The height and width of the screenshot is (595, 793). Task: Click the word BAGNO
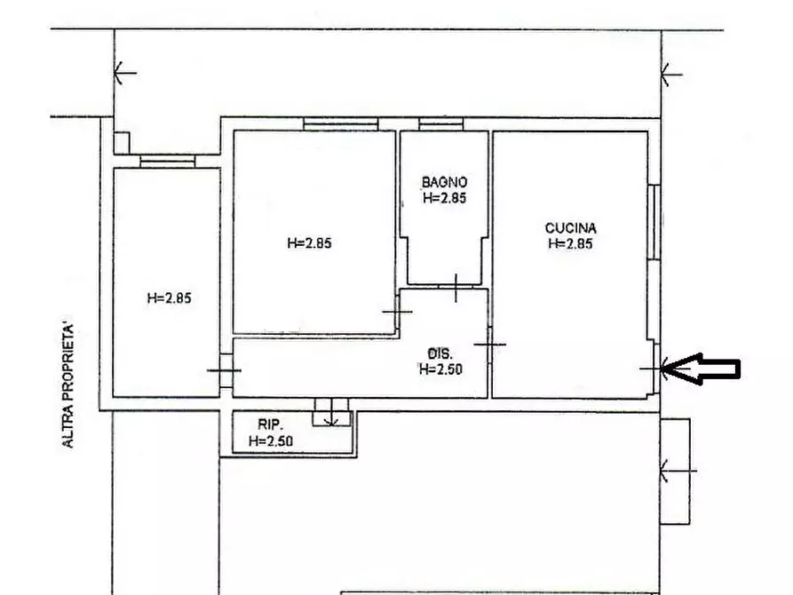coord(445,182)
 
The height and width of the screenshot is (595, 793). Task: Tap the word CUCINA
coord(570,227)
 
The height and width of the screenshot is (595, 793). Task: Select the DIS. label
coord(440,353)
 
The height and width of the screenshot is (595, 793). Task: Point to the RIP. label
coord(270,424)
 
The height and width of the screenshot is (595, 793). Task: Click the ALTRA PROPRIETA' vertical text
coord(67,385)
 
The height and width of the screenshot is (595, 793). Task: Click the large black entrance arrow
coord(701,369)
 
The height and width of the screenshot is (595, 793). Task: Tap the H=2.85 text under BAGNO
coord(445,198)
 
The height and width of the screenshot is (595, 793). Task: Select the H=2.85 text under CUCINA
coord(570,243)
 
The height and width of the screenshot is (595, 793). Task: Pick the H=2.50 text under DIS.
coord(440,369)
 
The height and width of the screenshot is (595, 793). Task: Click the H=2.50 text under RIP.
coord(271,440)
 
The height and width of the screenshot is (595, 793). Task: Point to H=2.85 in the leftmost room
coord(170,298)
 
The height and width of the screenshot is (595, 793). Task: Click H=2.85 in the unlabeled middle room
coord(310,242)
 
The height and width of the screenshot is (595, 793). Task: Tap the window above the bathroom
coord(441,124)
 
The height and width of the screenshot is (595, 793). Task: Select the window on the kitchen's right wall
coord(654,223)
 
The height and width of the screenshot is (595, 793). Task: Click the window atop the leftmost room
coord(168,161)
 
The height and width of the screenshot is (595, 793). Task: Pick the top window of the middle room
coord(341,124)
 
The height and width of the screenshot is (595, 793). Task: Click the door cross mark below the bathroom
coord(456,288)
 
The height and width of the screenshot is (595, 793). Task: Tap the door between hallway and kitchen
coord(489,345)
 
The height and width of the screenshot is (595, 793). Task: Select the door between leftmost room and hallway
coord(225,370)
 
